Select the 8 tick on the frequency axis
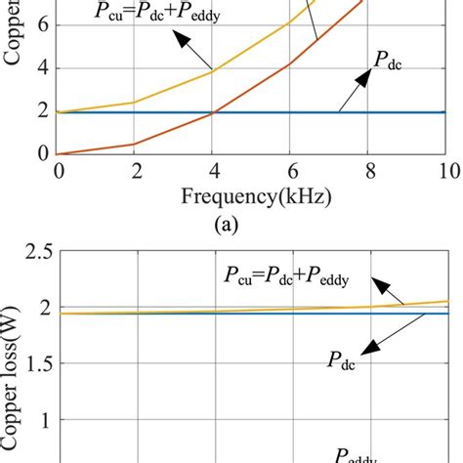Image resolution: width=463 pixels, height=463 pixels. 370,173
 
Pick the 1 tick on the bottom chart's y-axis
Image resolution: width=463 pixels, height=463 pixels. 39,420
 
